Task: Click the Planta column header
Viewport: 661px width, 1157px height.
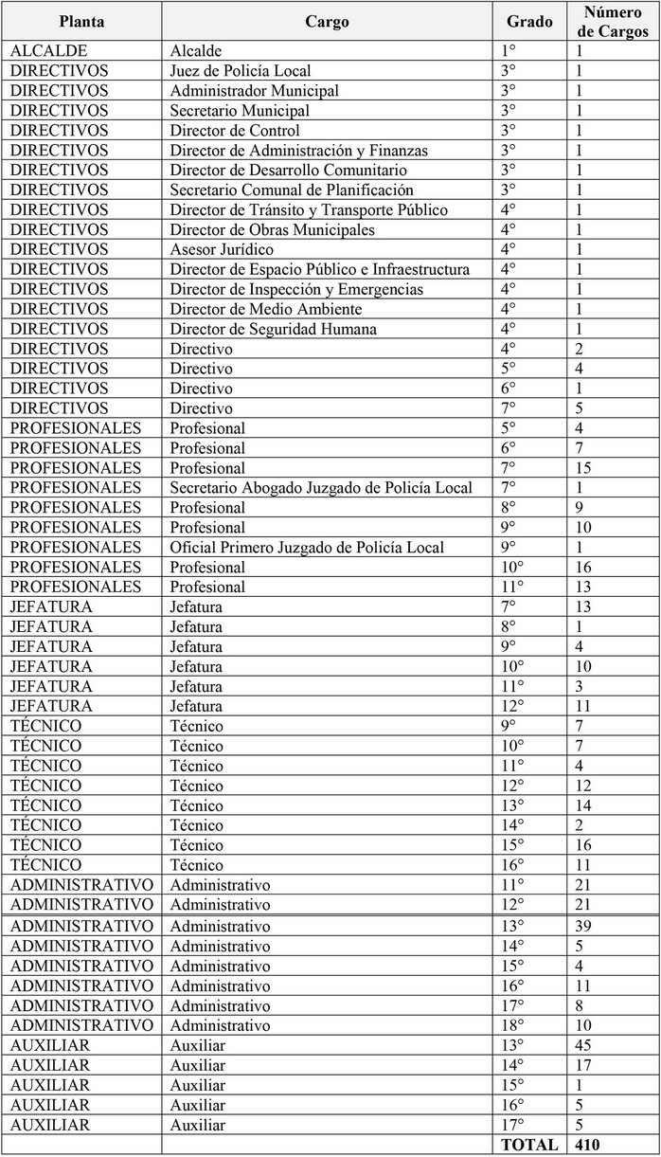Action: coord(81,22)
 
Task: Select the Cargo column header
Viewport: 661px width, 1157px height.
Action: coord(327,22)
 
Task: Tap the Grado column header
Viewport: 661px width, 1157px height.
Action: coord(529,22)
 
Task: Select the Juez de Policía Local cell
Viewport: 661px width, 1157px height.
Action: coord(241,71)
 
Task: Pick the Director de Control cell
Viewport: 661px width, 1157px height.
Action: coord(235,131)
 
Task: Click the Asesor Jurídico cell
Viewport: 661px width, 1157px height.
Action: coord(222,250)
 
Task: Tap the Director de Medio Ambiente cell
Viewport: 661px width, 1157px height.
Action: coord(266,309)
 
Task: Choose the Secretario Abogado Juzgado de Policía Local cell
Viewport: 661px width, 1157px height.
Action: coord(321,488)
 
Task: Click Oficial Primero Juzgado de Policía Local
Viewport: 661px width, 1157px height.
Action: coord(307,548)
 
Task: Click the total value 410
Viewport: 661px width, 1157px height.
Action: coord(587,1145)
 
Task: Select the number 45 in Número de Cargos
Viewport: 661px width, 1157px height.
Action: coord(583,1045)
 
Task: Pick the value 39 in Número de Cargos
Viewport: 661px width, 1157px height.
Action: coord(583,926)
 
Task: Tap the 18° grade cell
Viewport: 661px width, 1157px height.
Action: coord(511,1025)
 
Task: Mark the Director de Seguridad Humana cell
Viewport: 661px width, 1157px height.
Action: coord(274,329)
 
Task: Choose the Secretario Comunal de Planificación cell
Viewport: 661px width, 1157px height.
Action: coord(292,190)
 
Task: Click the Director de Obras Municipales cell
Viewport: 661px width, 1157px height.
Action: coord(273,230)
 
